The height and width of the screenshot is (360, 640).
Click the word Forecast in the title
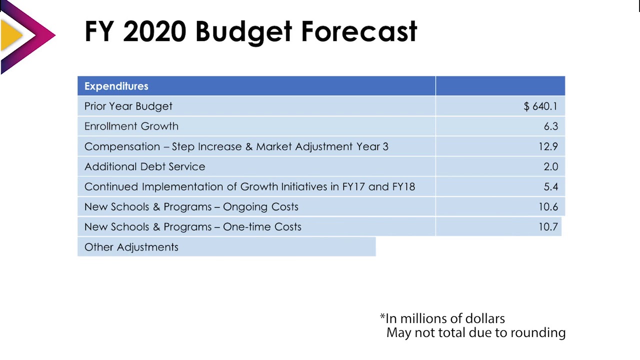click(x=358, y=31)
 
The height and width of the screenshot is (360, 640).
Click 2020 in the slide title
click(x=154, y=31)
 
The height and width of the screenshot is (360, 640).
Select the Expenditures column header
click(x=116, y=86)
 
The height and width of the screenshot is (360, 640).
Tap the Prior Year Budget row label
click(x=128, y=106)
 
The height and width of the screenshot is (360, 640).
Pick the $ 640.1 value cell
click(x=540, y=106)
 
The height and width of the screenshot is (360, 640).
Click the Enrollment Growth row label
click(x=131, y=126)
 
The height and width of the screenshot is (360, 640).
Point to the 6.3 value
click(x=550, y=126)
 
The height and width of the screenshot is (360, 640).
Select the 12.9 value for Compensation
click(x=548, y=146)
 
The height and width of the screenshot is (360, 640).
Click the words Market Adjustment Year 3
click(x=322, y=146)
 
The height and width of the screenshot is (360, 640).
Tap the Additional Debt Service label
click(x=144, y=166)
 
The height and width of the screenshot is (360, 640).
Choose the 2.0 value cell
click(x=550, y=166)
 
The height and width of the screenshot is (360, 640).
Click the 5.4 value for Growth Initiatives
click(x=550, y=186)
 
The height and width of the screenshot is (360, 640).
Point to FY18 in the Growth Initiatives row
click(x=403, y=186)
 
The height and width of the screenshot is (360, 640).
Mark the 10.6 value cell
click(x=548, y=206)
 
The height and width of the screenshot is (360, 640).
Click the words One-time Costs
click(x=262, y=226)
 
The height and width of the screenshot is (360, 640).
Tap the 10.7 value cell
click(x=548, y=226)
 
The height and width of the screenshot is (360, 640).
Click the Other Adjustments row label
click(x=131, y=247)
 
